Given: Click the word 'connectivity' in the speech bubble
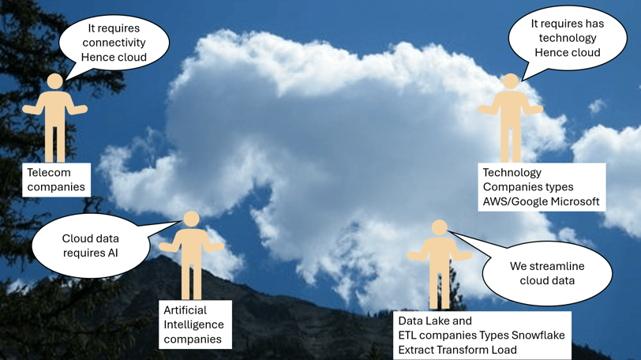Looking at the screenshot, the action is tap(114, 43).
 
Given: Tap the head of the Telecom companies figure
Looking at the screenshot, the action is tap(54, 81).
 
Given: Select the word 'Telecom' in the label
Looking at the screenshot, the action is tap(49, 172).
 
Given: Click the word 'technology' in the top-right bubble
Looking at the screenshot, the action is tap(568, 38).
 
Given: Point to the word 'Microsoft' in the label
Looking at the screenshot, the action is tap(575, 201).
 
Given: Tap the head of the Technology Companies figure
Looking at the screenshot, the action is tap(511, 81).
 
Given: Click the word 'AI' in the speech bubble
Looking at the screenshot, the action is tap(113, 253).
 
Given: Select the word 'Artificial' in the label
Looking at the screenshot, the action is tap(186, 310).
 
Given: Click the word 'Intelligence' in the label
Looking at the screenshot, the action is tap(193, 324).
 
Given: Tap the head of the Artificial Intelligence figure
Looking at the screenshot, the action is tap(191, 219).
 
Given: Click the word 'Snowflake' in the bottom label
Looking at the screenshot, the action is tap(538, 335).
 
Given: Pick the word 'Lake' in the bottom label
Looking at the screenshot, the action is tap(437, 321).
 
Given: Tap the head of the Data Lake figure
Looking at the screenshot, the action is tap(440, 227).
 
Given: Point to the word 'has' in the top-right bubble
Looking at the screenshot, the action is tap(594, 24).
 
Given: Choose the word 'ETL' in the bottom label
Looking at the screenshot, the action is tap(407, 335).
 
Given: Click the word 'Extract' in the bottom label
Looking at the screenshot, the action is tap(416, 350).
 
